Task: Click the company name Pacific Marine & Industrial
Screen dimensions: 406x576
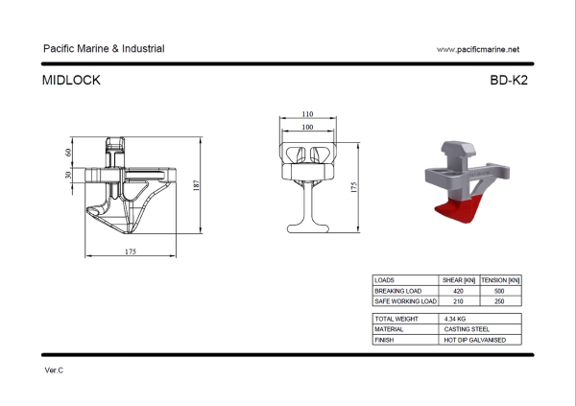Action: pyautogui.click(x=104, y=48)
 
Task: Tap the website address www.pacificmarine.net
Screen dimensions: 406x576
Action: pyautogui.click(x=477, y=49)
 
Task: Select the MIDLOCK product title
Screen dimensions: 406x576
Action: pyautogui.click(x=72, y=81)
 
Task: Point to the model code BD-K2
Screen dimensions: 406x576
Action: pyautogui.click(x=508, y=81)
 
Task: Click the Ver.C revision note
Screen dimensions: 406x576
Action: pyautogui.click(x=54, y=370)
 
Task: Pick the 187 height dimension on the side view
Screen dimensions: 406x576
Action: pyautogui.click(x=196, y=186)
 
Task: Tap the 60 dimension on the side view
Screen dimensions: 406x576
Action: pyautogui.click(x=69, y=153)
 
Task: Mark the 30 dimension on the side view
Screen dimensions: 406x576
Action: pyautogui.click(x=69, y=176)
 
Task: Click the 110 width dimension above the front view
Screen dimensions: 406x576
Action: pyautogui.click(x=307, y=114)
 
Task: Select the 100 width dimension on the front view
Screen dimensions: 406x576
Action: pyautogui.click(x=307, y=127)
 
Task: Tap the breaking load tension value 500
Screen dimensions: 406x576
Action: pyautogui.click(x=499, y=290)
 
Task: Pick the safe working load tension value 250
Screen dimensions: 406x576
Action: pyautogui.click(x=499, y=300)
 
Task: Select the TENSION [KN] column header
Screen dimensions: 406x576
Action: pyautogui.click(x=499, y=279)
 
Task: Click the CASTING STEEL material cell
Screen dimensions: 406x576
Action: pyautogui.click(x=468, y=328)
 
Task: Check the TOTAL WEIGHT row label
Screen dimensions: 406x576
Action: pyautogui.click(x=396, y=318)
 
